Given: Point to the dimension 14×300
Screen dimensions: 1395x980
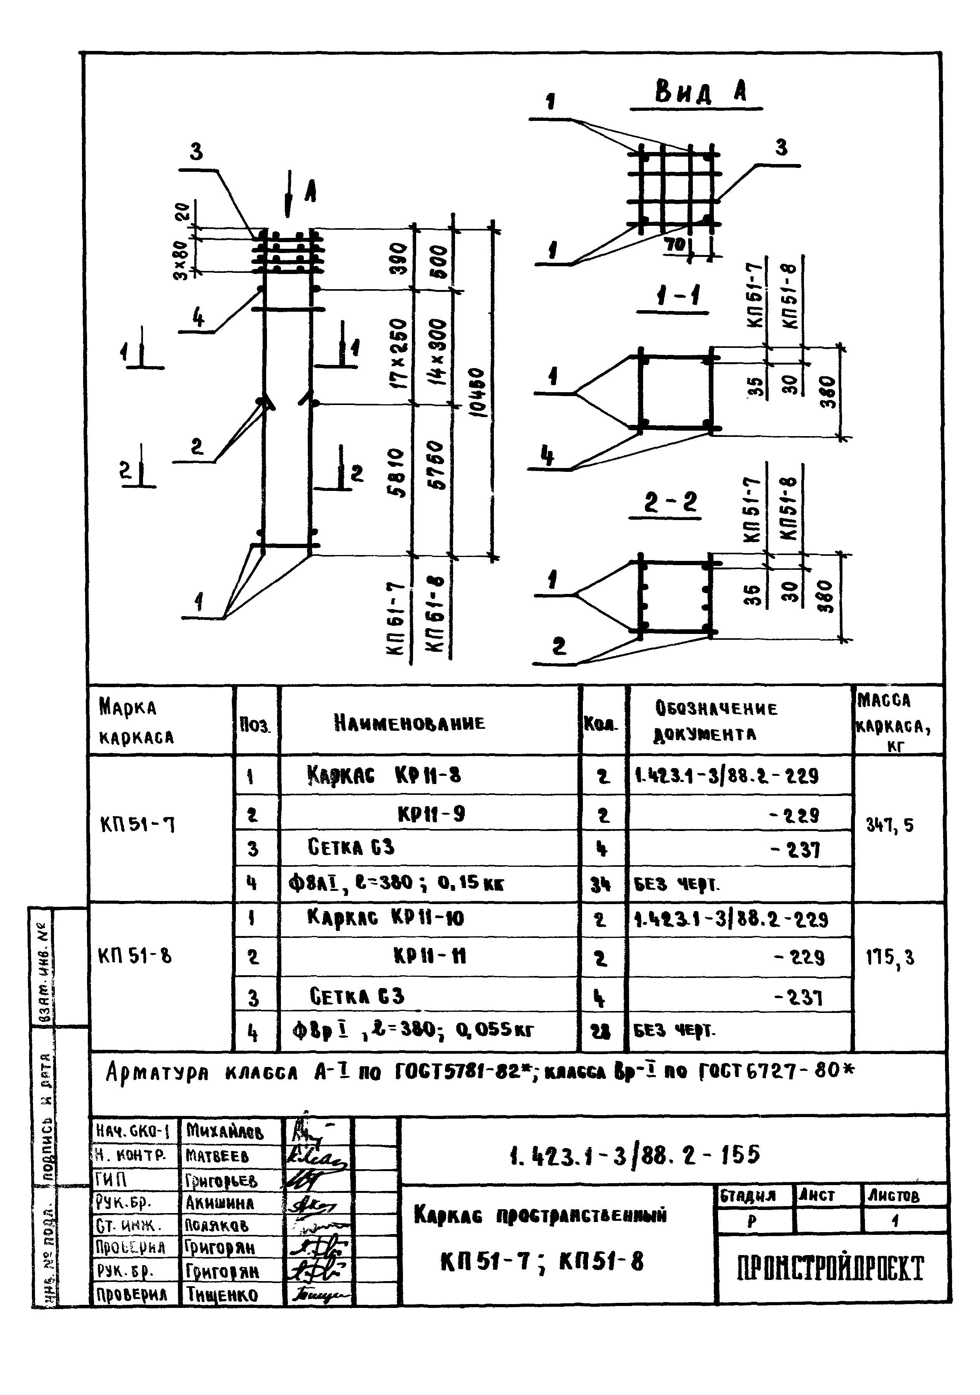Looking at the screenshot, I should pyautogui.click(x=439, y=351).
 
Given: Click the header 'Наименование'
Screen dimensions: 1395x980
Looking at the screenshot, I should pyautogui.click(x=410, y=723).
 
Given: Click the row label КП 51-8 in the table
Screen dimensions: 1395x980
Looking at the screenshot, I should pyautogui.click(x=134, y=956).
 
